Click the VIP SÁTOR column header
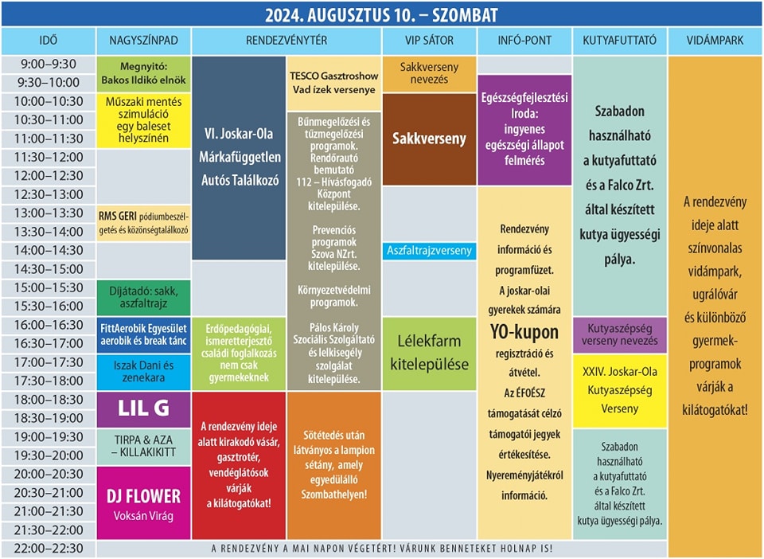click(429, 41)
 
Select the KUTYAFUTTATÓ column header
click(619, 41)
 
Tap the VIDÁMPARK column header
click(715, 41)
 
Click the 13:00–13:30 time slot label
click(49, 213)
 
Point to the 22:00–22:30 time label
click(49, 549)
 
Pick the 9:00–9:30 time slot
click(49, 64)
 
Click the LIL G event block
click(143, 409)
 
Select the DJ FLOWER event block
click(143, 502)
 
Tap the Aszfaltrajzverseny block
click(429, 251)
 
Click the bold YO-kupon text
click(524, 332)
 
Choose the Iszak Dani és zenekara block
click(143, 372)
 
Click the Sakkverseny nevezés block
click(429, 74)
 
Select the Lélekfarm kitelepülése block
click(429, 354)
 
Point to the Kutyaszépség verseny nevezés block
click(620, 334)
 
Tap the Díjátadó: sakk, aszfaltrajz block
click(143, 297)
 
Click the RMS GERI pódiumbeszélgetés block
click(143, 223)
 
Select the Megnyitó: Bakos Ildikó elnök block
click(143, 74)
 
